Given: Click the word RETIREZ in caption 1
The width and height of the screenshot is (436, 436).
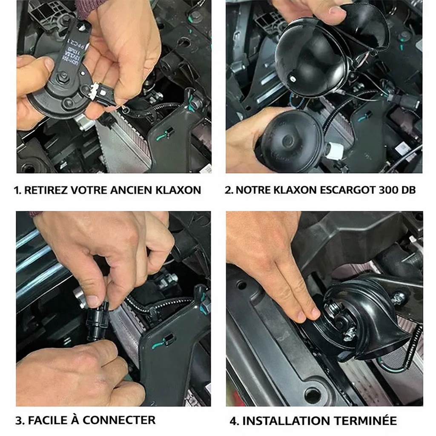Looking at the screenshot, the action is click(46, 190).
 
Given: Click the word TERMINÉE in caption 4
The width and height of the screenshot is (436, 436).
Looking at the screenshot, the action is click(365, 420).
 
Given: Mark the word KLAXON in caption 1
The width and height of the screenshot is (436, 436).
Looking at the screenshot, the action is click(178, 190).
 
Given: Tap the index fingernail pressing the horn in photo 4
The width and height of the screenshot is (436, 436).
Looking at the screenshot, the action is click(316, 313).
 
